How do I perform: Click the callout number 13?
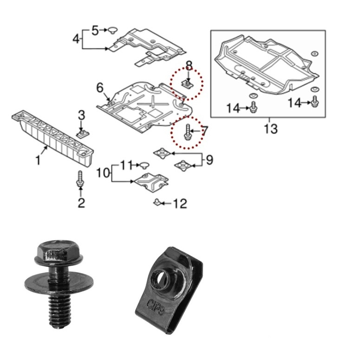click(271, 129)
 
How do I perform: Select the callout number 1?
click(38, 160)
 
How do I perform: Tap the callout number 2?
click(81, 203)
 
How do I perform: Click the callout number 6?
click(100, 88)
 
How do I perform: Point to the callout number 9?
click(209, 160)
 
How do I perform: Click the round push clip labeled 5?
click(112, 30)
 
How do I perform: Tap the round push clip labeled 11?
click(144, 165)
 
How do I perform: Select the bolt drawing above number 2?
click(80, 179)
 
